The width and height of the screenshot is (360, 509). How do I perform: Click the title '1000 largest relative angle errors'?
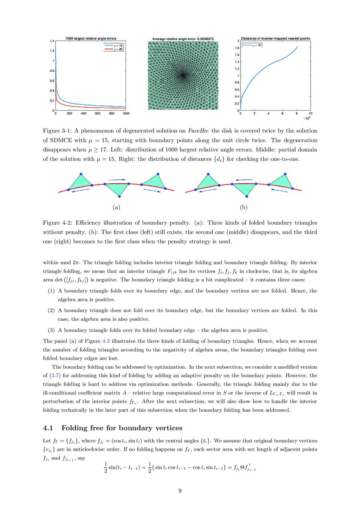point(90,38)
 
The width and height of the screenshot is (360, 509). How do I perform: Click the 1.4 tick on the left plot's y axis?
point(51,41)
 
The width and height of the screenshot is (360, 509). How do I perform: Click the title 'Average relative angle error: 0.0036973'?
point(183,38)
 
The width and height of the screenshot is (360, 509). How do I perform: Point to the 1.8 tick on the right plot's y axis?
point(237,48)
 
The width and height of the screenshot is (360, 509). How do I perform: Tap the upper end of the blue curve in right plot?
point(297,47)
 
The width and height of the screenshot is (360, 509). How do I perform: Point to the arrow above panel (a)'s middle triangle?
point(116,179)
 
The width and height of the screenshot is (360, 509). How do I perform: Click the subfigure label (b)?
point(244,207)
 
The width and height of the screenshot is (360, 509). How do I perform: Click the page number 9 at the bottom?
point(180,491)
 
